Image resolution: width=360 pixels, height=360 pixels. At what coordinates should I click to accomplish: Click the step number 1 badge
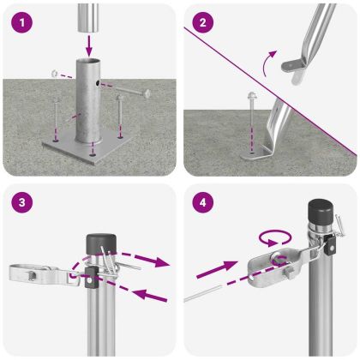pyautogui.click(x=21, y=22)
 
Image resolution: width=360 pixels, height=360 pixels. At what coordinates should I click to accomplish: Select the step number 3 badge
pyautogui.click(x=21, y=204)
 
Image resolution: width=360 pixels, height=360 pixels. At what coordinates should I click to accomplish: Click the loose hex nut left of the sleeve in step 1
pyautogui.click(x=54, y=74)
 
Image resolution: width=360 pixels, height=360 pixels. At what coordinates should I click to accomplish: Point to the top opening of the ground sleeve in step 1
pyautogui.click(x=91, y=62)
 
